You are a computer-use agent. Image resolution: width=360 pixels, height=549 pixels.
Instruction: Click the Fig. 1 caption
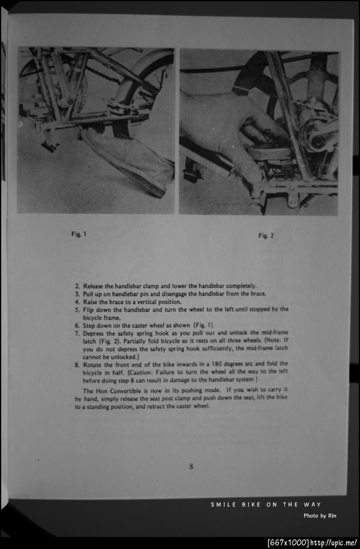(x=79, y=234)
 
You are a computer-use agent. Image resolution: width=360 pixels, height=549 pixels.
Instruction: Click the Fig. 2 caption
(x=266, y=236)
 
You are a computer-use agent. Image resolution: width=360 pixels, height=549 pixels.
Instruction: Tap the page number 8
(x=191, y=466)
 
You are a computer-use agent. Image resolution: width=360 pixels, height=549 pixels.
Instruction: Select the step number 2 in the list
(x=77, y=286)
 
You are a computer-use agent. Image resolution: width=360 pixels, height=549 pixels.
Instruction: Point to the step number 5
(x=77, y=310)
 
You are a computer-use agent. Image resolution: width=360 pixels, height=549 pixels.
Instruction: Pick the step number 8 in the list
(x=77, y=364)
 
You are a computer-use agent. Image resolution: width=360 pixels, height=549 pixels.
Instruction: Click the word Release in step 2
(x=94, y=286)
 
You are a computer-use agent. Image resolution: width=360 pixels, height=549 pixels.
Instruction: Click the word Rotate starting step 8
(x=94, y=364)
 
